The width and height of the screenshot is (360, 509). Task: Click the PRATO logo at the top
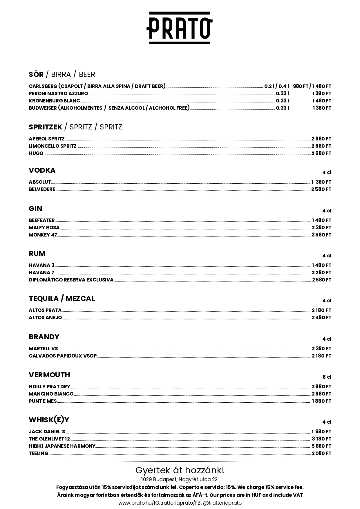pyautogui.click(x=180, y=28)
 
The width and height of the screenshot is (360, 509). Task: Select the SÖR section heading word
pyautogui.click(x=36, y=75)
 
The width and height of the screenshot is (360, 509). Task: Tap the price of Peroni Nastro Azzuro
pyautogui.click(x=322, y=93)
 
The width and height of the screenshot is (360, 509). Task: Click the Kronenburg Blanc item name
pyautogui.click(x=54, y=101)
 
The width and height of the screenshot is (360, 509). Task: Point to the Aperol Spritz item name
pyautogui.click(x=47, y=139)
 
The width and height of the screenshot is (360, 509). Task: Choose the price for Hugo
pyautogui.click(x=321, y=153)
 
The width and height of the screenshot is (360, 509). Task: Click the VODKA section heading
pyautogui.click(x=42, y=170)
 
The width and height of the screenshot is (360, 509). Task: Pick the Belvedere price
pyautogui.click(x=321, y=189)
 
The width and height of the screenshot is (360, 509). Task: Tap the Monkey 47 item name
pyautogui.click(x=43, y=235)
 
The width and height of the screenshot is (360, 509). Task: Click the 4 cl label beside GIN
pyautogui.click(x=327, y=211)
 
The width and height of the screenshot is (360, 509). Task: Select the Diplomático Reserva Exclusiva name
pyautogui.click(x=71, y=280)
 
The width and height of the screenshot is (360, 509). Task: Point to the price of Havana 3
pyautogui.click(x=321, y=265)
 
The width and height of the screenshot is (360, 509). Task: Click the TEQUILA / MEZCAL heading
pyautogui.click(x=62, y=299)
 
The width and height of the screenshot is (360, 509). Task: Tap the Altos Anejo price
pyautogui.click(x=321, y=317)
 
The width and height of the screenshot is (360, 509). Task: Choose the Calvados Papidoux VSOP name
pyautogui.click(x=63, y=356)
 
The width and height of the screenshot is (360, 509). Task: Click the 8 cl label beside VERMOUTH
pyautogui.click(x=327, y=377)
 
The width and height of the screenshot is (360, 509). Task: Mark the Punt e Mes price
pyautogui.click(x=321, y=401)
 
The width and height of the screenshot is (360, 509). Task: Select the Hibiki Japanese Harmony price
pyautogui.click(x=321, y=446)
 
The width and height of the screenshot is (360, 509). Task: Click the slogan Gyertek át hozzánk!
pyautogui.click(x=180, y=470)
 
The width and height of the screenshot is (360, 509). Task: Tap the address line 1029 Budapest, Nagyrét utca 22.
pyautogui.click(x=180, y=479)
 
